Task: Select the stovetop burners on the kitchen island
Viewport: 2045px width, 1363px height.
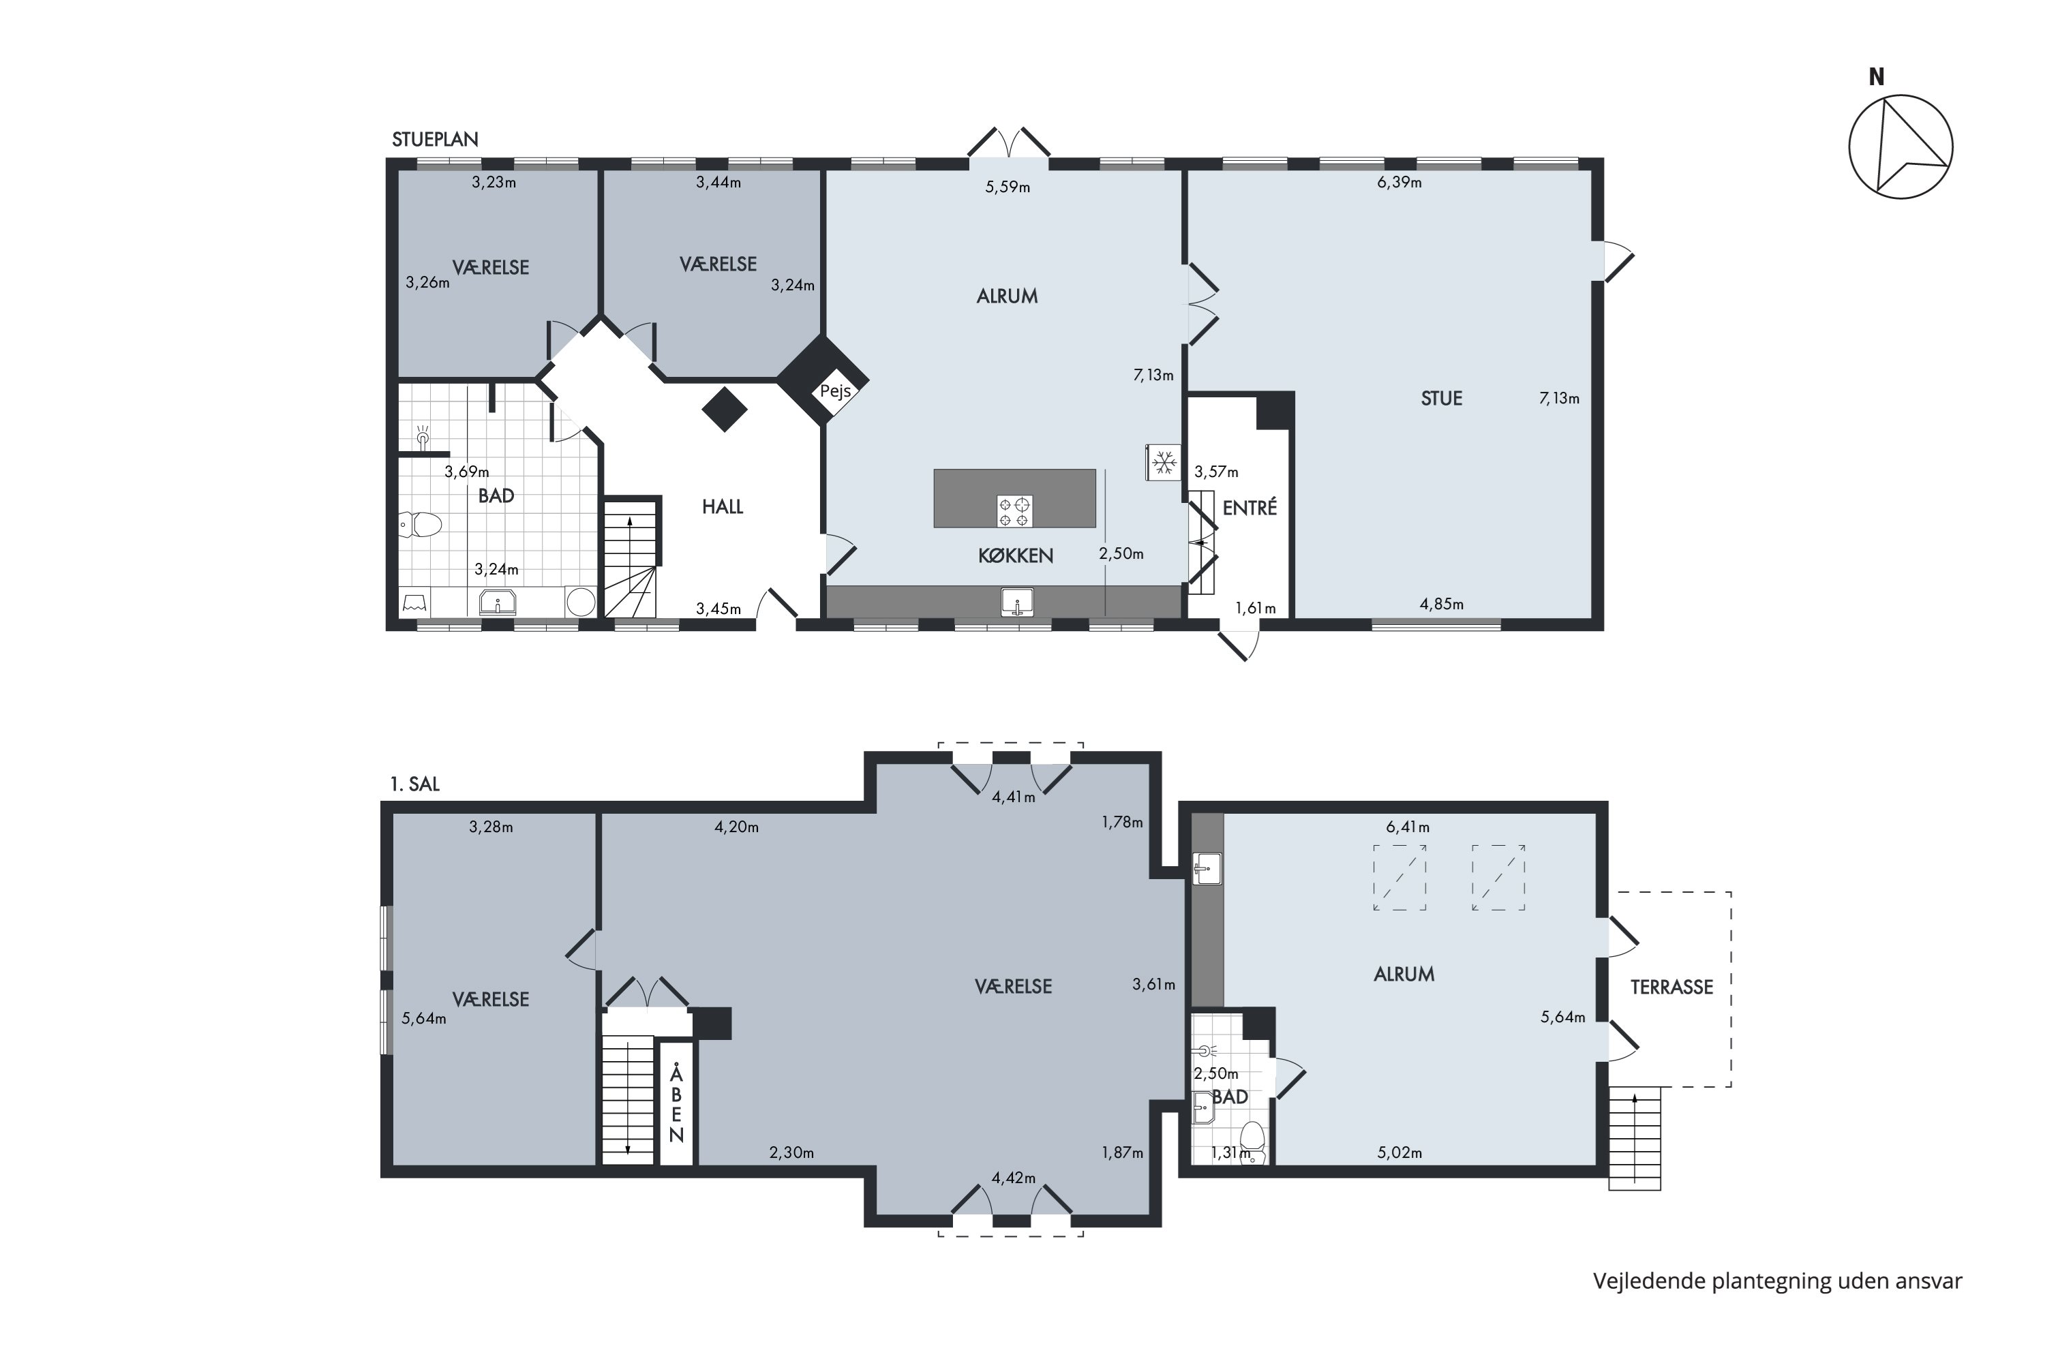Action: [x=1014, y=511]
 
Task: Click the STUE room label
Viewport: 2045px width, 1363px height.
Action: [x=1442, y=399]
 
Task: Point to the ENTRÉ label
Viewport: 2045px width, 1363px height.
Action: [x=1249, y=508]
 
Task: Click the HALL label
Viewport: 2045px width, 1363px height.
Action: [x=723, y=507]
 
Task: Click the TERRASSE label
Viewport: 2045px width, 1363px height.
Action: [x=1671, y=987]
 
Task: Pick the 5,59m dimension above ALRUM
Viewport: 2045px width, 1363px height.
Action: [x=1008, y=187]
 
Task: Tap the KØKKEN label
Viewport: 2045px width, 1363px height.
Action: [x=1016, y=556]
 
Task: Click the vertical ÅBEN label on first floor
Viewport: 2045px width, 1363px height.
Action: [x=676, y=1103]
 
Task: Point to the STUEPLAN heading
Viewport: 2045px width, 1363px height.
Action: [x=435, y=140]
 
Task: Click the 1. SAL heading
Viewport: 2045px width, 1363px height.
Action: [x=414, y=784]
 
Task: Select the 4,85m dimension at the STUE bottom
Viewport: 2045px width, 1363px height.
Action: [x=1442, y=604]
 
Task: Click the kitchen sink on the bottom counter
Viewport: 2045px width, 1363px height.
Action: [x=1016, y=602]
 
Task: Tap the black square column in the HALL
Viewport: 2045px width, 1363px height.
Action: [x=724, y=408]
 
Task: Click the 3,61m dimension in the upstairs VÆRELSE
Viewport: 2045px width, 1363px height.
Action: [x=1154, y=985]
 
